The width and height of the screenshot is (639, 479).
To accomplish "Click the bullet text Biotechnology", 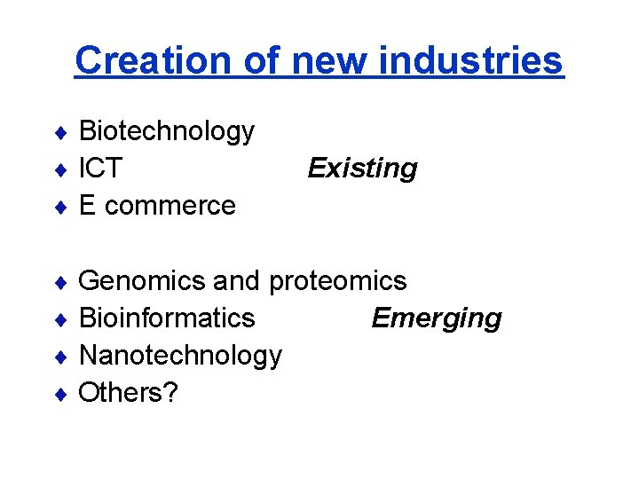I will [x=167, y=132].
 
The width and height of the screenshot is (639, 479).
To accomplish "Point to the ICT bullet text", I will [x=100, y=169].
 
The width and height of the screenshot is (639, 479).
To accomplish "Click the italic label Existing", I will [x=362, y=169].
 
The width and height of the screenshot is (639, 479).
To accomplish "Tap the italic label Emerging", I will [x=437, y=318].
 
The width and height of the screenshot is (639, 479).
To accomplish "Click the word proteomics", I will [x=337, y=281].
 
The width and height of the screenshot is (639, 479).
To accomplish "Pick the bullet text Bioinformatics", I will [x=167, y=318].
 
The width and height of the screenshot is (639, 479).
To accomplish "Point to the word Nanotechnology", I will [x=180, y=356].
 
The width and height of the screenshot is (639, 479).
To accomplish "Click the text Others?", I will [x=128, y=392].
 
